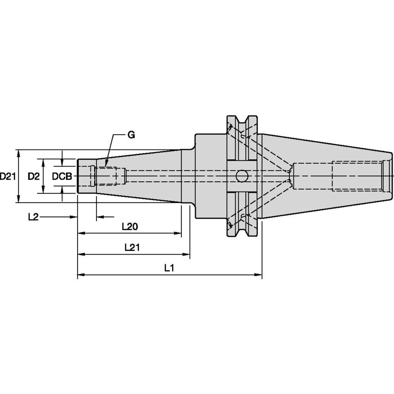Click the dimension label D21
pos(8,176)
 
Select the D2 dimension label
pos(33,176)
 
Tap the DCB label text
pos(61,176)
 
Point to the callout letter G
pos(131,135)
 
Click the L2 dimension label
pos(33,217)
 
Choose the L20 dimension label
pos(130,227)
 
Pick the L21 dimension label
pos(132,247)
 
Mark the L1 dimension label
pos(169,268)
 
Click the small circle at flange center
pos(241,176)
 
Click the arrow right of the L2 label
pos(73,217)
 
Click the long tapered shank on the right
pos(323,176)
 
